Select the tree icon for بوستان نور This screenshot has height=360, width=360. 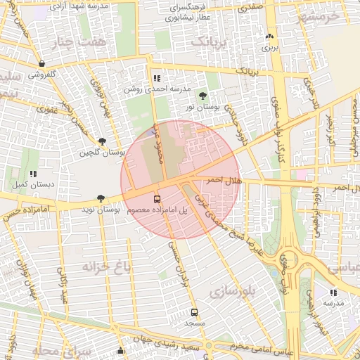[x=203, y=95]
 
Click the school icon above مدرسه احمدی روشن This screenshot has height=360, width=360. [x=156, y=78]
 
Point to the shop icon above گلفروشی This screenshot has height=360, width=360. [x=43, y=63]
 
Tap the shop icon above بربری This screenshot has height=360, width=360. [x=269, y=37]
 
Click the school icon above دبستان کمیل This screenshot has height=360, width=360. [x=32, y=174]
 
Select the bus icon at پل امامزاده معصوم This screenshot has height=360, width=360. [x=157, y=198]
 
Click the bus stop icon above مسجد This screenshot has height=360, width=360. [x=194, y=312]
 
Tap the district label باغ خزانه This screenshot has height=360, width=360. [x=106, y=267]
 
